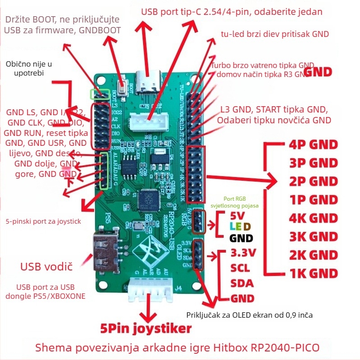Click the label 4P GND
tap(313, 144)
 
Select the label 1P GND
tap(313, 199)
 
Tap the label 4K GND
tap(313, 218)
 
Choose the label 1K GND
tap(313, 273)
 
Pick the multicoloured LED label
tap(241, 227)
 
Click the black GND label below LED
tap(242, 238)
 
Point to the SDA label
tap(242, 283)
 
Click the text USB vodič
tap(46, 266)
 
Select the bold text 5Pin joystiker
tap(146, 328)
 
